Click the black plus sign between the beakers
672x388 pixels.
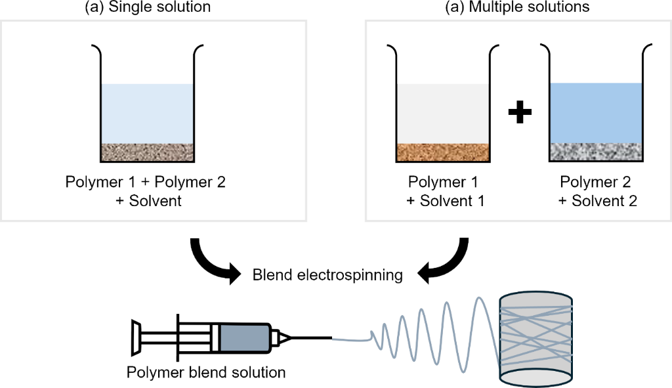pos(519,114)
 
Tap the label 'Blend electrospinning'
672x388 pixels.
pos(327,275)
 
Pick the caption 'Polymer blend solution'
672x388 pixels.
pos(206,373)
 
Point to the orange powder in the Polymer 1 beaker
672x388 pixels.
pos(443,152)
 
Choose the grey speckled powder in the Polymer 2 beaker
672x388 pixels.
pos(595,152)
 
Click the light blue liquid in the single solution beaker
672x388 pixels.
pos(147,114)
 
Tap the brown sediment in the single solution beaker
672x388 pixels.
pos(147,152)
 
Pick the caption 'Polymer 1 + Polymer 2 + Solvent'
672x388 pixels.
pos(146,191)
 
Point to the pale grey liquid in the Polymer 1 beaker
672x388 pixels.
pos(443,114)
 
